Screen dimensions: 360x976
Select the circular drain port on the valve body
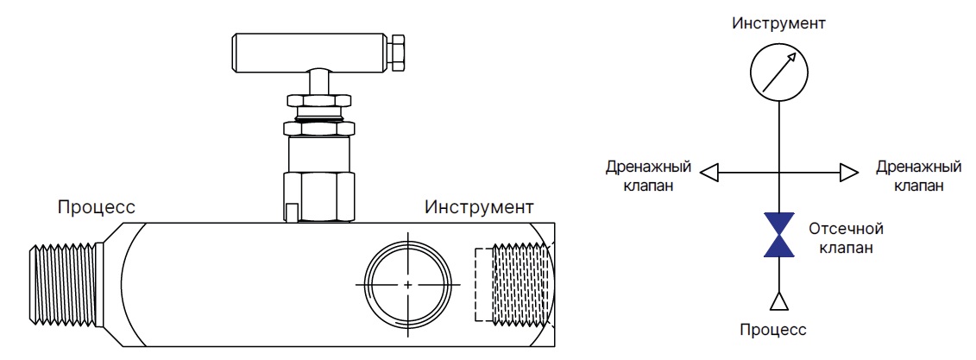click(x=407, y=283)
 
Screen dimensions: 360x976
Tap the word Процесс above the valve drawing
click(x=96, y=207)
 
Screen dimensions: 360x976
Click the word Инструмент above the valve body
click(x=479, y=207)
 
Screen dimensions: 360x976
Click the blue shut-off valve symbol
click(x=778, y=236)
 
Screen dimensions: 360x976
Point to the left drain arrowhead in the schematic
click(x=709, y=173)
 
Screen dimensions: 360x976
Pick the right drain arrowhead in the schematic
click(x=848, y=173)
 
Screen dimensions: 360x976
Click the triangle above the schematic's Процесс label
click(x=778, y=300)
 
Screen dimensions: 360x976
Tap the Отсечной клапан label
click(x=847, y=238)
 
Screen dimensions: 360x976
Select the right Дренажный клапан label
click(x=918, y=174)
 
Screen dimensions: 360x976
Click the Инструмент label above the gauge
click(x=778, y=22)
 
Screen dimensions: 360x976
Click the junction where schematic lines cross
click(x=778, y=173)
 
